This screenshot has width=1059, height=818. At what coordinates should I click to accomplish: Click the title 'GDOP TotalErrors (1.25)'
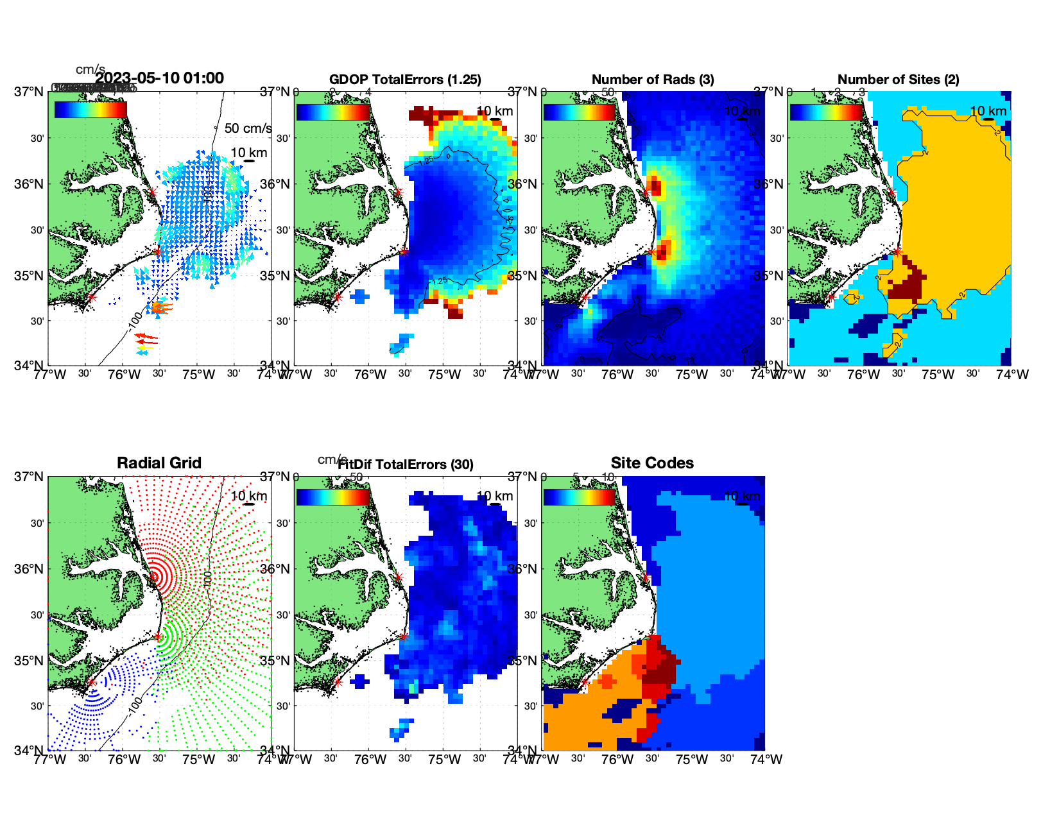pyautogui.click(x=405, y=80)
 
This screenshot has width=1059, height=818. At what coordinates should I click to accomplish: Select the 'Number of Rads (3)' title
pyautogui.click(x=653, y=80)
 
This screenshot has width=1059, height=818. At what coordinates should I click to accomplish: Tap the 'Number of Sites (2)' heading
pyautogui.click(x=898, y=80)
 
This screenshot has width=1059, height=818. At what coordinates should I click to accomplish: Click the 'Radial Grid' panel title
pyautogui.click(x=159, y=463)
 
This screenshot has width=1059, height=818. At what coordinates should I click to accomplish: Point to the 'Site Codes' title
pyautogui.click(x=652, y=463)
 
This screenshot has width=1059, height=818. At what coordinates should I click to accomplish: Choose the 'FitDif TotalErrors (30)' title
pyautogui.click(x=406, y=464)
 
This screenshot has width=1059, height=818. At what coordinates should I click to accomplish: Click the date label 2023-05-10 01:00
pyautogui.click(x=160, y=78)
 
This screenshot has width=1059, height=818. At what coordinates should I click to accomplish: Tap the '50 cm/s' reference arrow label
pyautogui.click(x=248, y=128)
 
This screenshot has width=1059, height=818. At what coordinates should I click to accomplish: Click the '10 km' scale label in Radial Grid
pyautogui.click(x=249, y=496)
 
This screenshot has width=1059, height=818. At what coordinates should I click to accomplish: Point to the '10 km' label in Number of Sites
pyautogui.click(x=988, y=111)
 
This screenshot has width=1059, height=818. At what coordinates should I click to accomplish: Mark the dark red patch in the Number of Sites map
pyautogui.click(x=907, y=285)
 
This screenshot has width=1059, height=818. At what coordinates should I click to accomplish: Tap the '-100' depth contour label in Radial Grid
pyautogui.click(x=135, y=704)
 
